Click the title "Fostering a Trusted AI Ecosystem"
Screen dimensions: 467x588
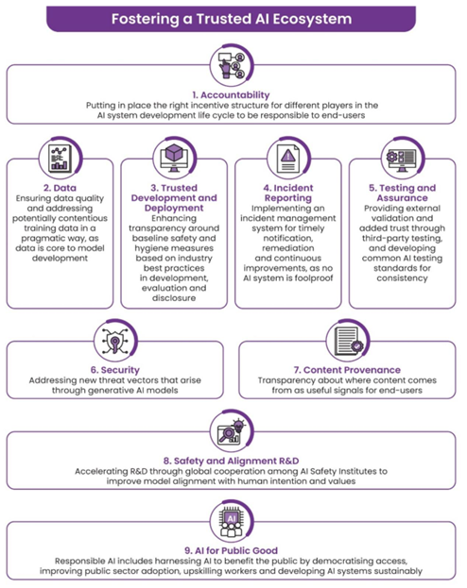[x=232, y=19]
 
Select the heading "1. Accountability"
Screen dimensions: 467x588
[x=231, y=95]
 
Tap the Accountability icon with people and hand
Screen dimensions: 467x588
[x=232, y=65]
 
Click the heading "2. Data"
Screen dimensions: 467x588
[x=60, y=188]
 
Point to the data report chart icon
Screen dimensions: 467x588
[x=61, y=159]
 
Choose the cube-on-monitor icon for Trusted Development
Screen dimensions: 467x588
[x=174, y=159]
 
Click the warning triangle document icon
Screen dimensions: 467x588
[x=288, y=159]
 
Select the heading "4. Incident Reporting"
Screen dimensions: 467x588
[x=288, y=193]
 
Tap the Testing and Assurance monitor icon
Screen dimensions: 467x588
[x=403, y=159]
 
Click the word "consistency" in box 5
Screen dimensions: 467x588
[x=402, y=278]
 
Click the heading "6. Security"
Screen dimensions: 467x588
[x=115, y=370]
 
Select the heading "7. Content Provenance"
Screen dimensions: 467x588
[x=347, y=370]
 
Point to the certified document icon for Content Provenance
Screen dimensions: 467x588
[x=347, y=341]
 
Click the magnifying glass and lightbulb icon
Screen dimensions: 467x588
[x=232, y=431]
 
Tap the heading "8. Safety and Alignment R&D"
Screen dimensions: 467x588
[x=231, y=461]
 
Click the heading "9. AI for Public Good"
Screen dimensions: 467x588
[x=231, y=550]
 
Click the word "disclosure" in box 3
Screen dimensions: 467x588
[x=174, y=298]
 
